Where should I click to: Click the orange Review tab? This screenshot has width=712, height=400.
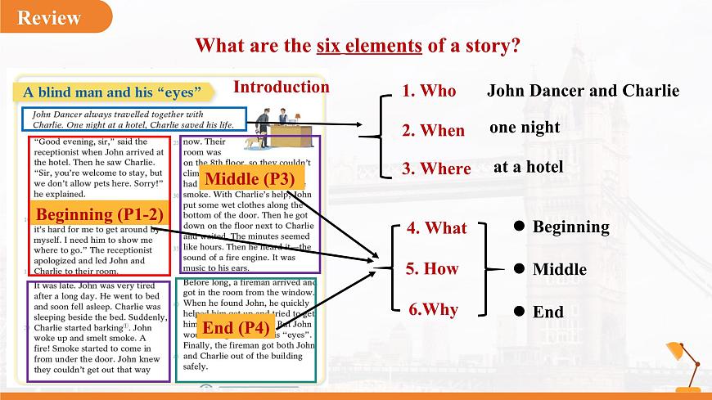click(x=51, y=18)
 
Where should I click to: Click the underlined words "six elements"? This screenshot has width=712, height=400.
click(x=368, y=45)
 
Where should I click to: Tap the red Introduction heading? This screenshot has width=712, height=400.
click(x=282, y=87)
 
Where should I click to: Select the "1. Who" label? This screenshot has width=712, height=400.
click(x=429, y=91)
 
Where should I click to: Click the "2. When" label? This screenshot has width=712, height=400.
click(x=433, y=130)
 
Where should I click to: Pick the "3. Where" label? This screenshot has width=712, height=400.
click(x=436, y=169)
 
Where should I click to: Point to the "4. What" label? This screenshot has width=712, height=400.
click(x=436, y=228)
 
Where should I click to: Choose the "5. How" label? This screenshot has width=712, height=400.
click(x=431, y=268)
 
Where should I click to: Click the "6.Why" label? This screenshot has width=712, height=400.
click(x=433, y=309)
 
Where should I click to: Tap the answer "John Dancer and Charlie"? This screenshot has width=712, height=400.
click(x=583, y=90)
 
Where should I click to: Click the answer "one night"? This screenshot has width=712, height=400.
click(x=525, y=127)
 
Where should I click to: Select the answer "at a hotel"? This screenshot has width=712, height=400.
click(x=528, y=167)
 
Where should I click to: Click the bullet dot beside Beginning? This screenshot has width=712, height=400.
click(x=519, y=226)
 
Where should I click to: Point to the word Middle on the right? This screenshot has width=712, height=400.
click(x=560, y=269)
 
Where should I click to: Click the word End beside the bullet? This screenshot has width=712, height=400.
click(x=548, y=312)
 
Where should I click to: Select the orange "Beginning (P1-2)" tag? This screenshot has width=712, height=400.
click(x=99, y=214)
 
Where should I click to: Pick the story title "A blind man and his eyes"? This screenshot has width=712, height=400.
click(x=112, y=92)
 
